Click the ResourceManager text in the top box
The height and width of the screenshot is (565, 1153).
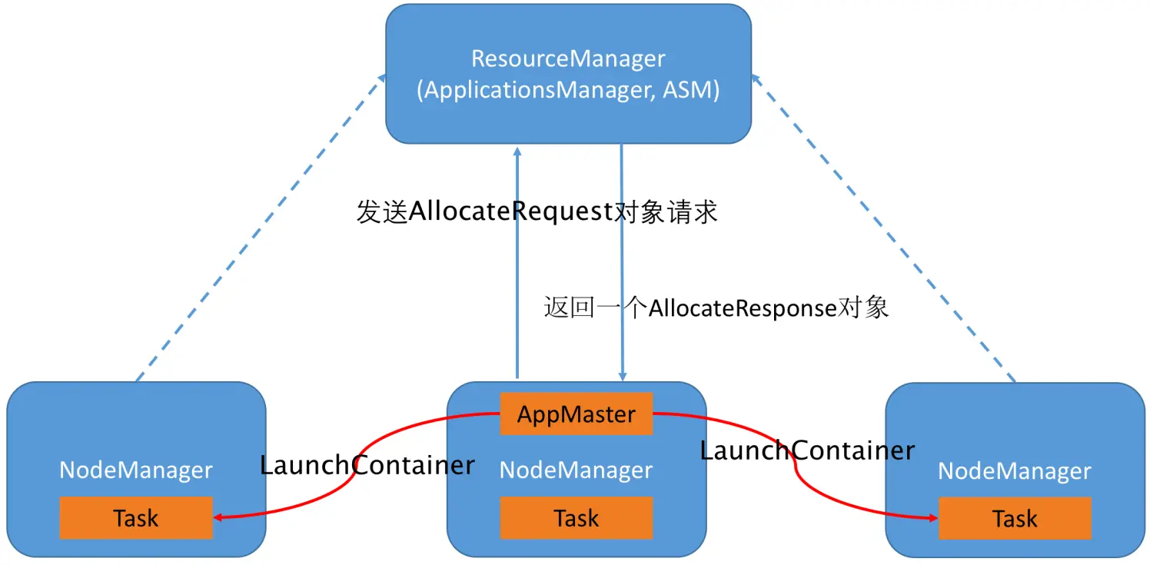568,58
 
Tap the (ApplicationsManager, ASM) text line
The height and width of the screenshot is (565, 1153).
568,90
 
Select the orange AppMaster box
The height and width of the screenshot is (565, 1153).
576,414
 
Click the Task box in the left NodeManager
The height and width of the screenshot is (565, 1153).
136,517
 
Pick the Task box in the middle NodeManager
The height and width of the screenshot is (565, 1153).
576,517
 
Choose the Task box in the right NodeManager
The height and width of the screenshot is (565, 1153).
1015,518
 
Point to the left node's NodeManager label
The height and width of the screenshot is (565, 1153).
136,470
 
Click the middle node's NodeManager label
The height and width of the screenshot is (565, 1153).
576,470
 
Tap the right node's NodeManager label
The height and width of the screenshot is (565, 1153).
1015,471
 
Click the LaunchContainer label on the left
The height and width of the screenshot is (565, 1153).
367,465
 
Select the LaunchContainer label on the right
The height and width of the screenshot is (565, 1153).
807,450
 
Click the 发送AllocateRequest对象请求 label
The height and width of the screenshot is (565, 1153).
537,211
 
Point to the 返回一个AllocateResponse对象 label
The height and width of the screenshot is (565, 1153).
716,307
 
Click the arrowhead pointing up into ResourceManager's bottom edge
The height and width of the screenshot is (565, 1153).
517,151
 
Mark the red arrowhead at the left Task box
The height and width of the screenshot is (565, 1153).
218,517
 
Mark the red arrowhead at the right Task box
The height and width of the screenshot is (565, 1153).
933,517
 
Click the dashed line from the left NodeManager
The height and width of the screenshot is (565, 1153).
261,228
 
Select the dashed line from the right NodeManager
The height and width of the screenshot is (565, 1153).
883,228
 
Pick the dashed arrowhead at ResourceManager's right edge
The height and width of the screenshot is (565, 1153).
756,78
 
